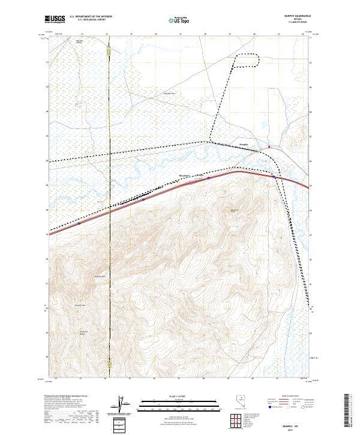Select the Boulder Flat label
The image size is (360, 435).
[170, 94]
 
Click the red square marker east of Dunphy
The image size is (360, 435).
[269, 147]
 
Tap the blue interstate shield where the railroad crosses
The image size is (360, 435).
[275, 177]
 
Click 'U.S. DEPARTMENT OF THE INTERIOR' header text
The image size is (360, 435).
[91, 16]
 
